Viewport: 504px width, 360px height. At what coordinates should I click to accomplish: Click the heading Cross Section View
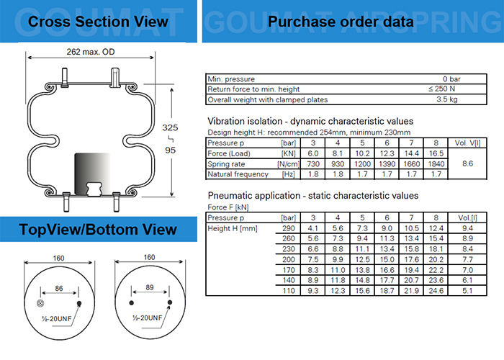(98, 22)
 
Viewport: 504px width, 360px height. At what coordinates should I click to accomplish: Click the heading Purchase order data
(341, 22)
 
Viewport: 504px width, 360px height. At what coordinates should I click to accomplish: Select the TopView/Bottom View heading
(98, 230)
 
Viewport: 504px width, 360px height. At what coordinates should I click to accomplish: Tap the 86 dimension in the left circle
(59, 286)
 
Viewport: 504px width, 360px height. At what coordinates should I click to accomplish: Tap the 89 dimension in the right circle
(150, 286)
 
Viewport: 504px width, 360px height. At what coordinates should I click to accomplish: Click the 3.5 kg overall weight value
(448, 99)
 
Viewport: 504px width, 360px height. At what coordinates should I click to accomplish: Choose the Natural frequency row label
(238, 174)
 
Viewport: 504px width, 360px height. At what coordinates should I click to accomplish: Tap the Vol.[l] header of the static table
(466, 217)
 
